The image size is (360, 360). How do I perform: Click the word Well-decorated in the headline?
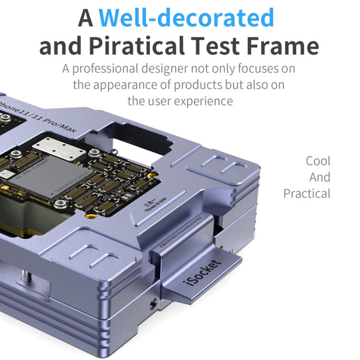tap(187, 18)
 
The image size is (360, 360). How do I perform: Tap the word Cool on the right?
tap(318, 161)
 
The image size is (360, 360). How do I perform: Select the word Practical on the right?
tap(307, 193)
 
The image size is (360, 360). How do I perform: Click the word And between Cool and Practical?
tap(320, 177)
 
